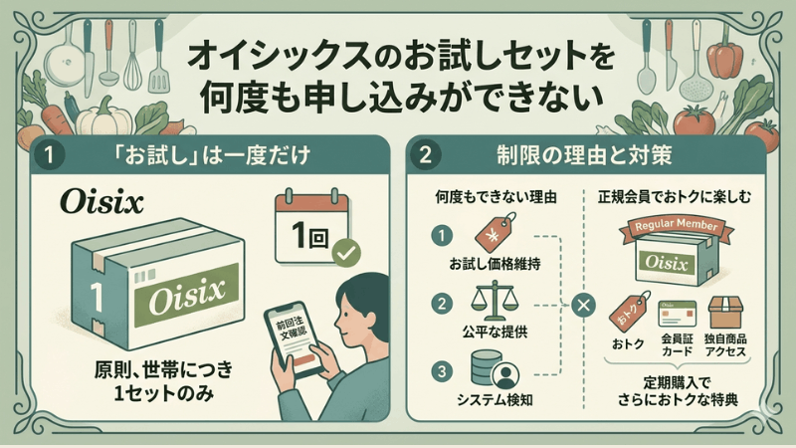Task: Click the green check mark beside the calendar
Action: click(346, 252)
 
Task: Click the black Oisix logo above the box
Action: click(101, 202)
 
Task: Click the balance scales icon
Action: click(492, 304)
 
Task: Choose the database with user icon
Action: click(494, 369)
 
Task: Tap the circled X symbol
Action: click(583, 306)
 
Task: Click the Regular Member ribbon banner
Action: click(677, 227)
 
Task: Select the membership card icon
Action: click(678, 314)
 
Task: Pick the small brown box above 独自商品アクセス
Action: click(726, 313)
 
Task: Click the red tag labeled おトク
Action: click(630, 312)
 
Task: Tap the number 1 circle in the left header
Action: click(48, 154)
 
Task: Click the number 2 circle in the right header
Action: click(425, 154)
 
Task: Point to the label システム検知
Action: click(495, 400)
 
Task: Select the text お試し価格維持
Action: click(495, 264)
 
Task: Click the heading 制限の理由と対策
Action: click(584, 155)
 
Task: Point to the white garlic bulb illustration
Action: click(103, 117)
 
